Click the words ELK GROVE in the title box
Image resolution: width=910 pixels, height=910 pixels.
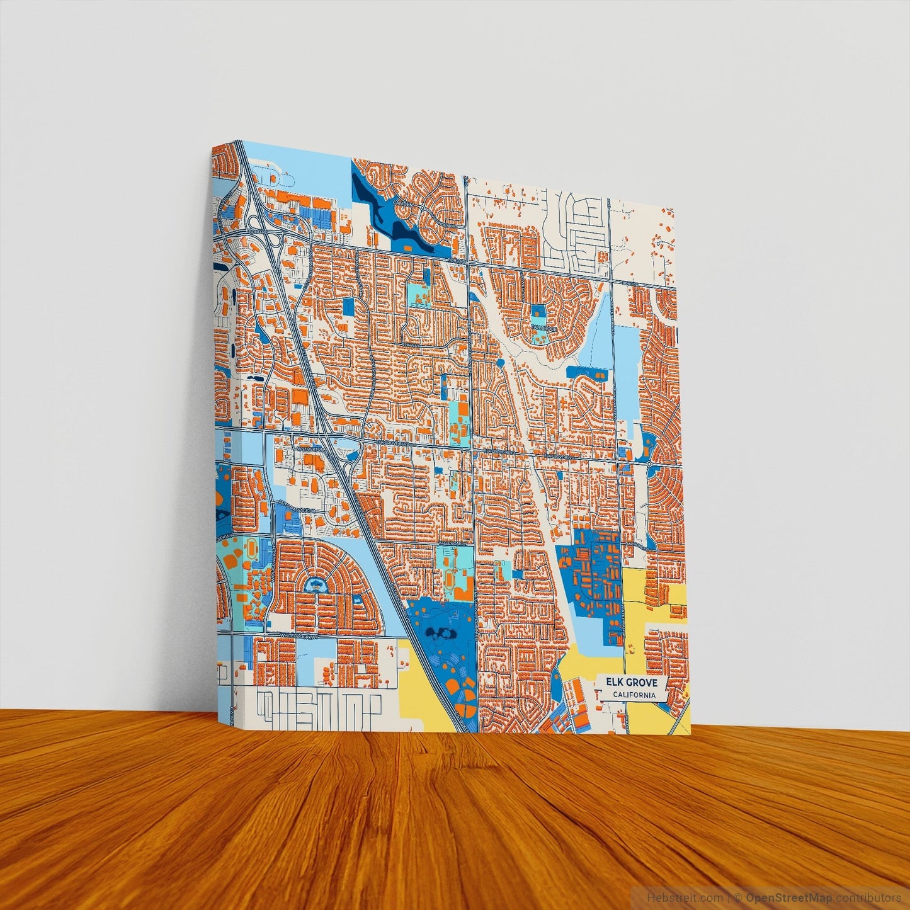click(632, 682)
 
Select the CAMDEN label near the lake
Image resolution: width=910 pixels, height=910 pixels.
click(403, 203)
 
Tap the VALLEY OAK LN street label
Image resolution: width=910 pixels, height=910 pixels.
click(453, 542)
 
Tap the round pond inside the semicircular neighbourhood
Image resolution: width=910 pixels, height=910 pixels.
click(313, 585)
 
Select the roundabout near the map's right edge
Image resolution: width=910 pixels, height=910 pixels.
click(649, 464)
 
